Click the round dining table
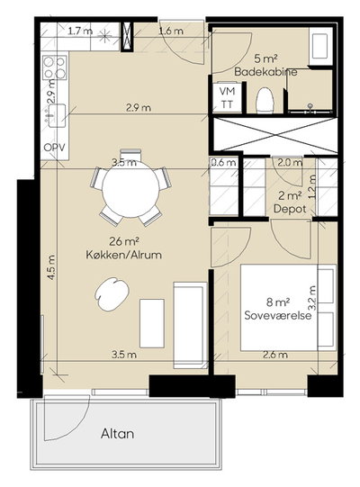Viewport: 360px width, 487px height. click(x=130, y=189)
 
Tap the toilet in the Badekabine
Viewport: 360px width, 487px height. click(x=265, y=100)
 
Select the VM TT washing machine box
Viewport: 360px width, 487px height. click(x=227, y=97)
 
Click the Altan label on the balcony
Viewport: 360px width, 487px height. click(x=117, y=434)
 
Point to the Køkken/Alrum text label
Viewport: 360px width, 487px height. click(x=123, y=255)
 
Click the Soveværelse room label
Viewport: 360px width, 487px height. click(x=278, y=315)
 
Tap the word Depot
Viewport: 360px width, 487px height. click(x=290, y=209)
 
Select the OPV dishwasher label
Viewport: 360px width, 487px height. click(x=55, y=148)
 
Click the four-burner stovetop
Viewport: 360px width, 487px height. click(x=55, y=68)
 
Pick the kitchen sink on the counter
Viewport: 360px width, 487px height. click(x=56, y=115)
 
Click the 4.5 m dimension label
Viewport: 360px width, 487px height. click(x=51, y=267)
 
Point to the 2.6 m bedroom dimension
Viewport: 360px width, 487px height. click(x=275, y=355)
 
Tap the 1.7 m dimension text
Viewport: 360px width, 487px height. click(x=80, y=32)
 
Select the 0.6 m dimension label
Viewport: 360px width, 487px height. click(x=223, y=162)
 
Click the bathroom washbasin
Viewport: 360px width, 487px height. click(x=319, y=46)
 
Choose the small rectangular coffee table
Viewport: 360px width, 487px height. click(x=152, y=324)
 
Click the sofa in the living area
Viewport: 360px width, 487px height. click(x=190, y=325)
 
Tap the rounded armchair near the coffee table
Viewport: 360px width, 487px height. click(x=112, y=293)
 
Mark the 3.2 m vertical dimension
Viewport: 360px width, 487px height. click(x=313, y=298)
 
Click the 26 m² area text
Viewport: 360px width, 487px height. click(x=123, y=241)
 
